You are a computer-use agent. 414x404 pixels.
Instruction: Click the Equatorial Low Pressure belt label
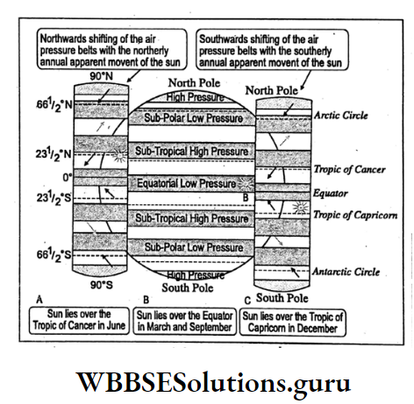tap(191, 184)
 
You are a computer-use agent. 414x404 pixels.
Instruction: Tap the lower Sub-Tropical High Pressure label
tap(191, 216)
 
